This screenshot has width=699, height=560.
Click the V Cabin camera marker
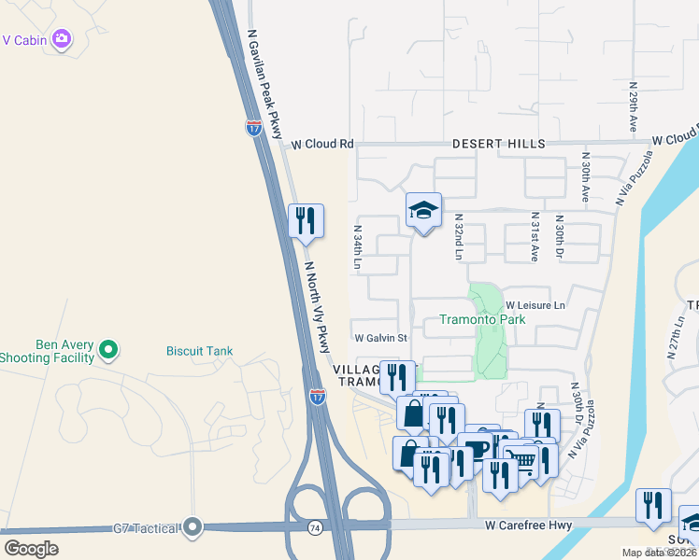tap(62, 38)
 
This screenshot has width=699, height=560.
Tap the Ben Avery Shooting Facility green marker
tap(108, 350)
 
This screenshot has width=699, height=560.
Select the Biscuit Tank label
tap(199, 351)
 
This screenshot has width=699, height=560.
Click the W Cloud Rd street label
tap(322, 145)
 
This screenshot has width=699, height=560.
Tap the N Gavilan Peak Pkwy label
tap(264, 84)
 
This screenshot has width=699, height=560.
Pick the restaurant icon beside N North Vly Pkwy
tap(306, 220)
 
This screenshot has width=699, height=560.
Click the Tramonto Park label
tap(482, 319)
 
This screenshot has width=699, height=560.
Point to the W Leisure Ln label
tap(535, 305)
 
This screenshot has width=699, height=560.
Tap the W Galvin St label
tap(380, 337)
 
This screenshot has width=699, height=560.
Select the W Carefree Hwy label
tap(529, 526)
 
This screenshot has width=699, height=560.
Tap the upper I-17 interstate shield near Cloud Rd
tap(254, 128)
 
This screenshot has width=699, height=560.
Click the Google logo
tap(31, 548)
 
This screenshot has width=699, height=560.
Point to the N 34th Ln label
tap(357, 247)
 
